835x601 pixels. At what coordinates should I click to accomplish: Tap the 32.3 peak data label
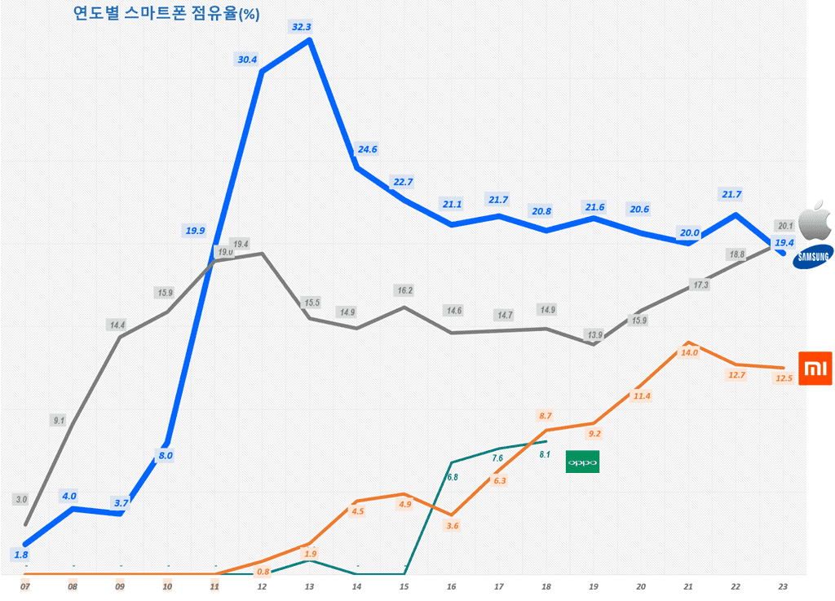[x=301, y=27]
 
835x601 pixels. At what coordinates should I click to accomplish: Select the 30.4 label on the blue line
[x=247, y=60]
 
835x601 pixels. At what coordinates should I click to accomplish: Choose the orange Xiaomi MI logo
[x=813, y=370]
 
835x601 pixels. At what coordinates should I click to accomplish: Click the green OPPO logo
[x=582, y=462]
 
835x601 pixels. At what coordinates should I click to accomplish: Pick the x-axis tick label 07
[x=25, y=586]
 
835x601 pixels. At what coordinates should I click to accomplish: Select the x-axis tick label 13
[x=309, y=586]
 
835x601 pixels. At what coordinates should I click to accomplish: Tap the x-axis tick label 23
[x=784, y=586]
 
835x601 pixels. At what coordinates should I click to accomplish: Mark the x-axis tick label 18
[x=546, y=586]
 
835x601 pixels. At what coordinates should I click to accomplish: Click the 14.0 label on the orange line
[x=689, y=353]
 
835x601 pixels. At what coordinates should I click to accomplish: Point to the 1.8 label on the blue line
[x=22, y=555]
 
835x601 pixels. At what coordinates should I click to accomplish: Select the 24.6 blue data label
[x=367, y=149]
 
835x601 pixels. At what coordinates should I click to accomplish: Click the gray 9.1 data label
[x=58, y=421]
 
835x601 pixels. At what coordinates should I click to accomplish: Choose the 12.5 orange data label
[x=784, y=378]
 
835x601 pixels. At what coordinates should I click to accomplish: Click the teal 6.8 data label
[x=453, y=477]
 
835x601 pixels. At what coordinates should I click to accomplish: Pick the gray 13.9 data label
[x=594, y=334]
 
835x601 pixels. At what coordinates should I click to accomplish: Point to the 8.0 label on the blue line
[x=166, y=456]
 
